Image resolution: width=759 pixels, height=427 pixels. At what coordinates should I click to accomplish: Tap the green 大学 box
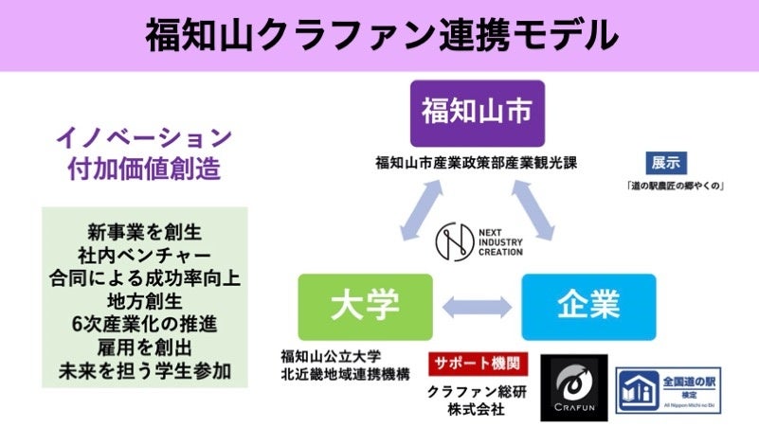pyautogui.click(x=365, y=306)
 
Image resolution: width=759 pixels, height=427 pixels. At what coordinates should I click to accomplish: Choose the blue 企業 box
pyautogui.click(x=588, y=306)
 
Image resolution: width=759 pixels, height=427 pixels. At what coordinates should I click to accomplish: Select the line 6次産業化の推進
pyautogui.click(x=144, y=325)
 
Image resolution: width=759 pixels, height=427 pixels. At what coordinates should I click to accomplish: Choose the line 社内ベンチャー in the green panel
pyautogui.click(x=144, y=255)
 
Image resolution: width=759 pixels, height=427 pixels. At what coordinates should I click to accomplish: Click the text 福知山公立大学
pyautogui.click(x=331, y=357)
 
